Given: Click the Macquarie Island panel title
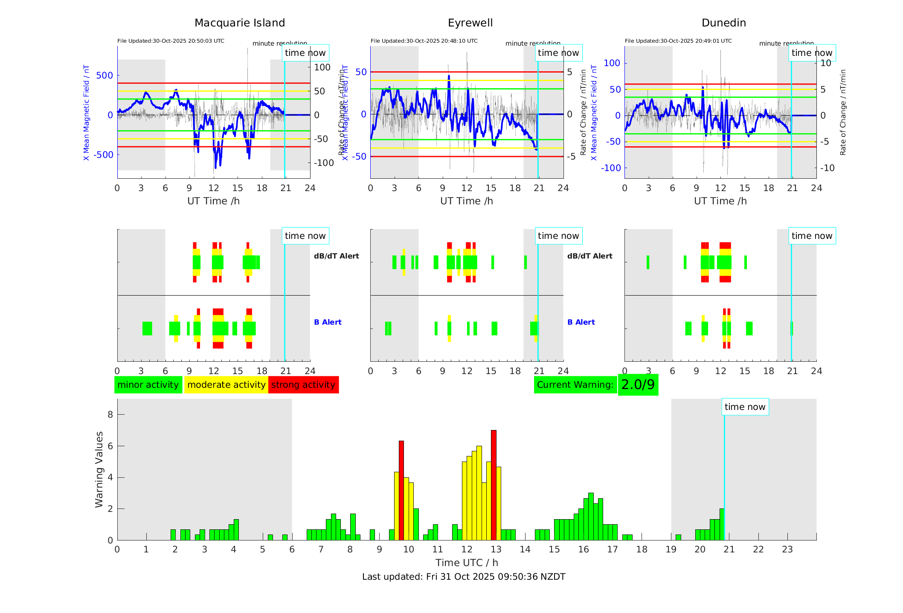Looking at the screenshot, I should [240, 23].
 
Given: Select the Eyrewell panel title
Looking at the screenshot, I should [470, 23].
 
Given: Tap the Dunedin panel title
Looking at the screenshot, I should [723, 23].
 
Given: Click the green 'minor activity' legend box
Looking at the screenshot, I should [148, 385].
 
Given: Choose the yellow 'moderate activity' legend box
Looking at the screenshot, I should [226, 385].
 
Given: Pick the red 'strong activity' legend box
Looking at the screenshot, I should [303, 385].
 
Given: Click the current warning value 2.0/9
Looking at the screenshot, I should [638, 385].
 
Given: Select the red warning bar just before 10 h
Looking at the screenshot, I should [401, 491].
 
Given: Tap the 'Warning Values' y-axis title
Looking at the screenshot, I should [99, 469].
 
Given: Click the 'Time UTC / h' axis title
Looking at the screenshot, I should [467, 563].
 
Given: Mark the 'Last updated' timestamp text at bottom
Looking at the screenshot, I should [464, 577].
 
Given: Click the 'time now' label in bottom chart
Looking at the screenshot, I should [745, 407].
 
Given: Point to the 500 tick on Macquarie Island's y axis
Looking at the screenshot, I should [105, 76].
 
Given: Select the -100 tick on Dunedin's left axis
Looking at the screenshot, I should [611, 168].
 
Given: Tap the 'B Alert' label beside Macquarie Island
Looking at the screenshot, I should [328, 322].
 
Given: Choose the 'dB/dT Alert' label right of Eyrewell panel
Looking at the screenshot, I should [589, 256].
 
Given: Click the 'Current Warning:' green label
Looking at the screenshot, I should [575, 385].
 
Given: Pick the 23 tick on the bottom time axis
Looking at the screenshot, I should [787, 549].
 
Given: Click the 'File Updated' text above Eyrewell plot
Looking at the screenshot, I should [424, 41].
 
